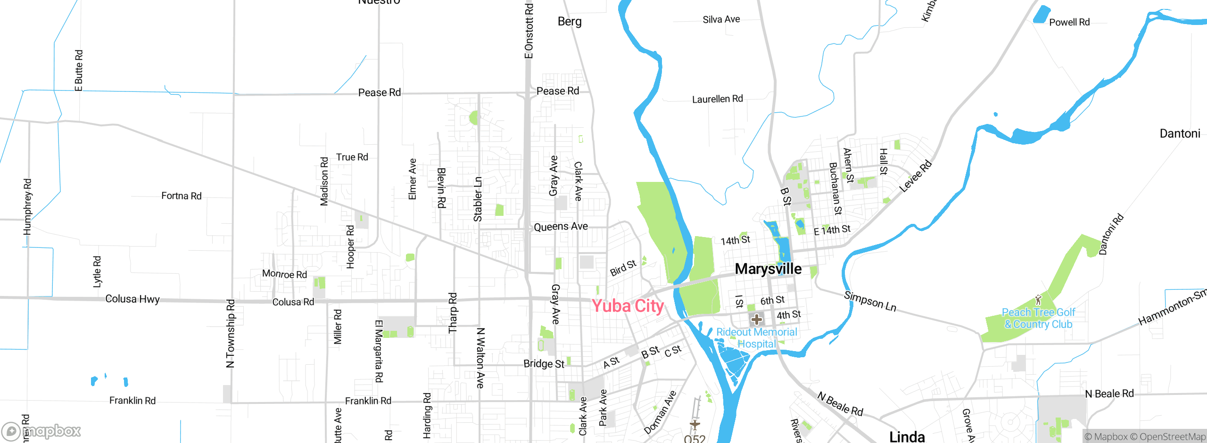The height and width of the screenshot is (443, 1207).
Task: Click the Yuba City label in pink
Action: pos(628,306)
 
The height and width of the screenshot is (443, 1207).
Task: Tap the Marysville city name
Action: pos(768,269)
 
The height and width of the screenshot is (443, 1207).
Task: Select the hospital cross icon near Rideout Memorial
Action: pos(757,320)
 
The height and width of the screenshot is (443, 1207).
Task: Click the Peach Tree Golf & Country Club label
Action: pos(1038,319)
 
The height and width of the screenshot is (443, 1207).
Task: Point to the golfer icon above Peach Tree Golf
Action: pos(1038,300)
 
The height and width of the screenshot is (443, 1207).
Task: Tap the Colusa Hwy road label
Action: pos(132,299)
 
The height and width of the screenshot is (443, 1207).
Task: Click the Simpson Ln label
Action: pos(870,302)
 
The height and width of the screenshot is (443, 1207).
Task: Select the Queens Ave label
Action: pos(561,227)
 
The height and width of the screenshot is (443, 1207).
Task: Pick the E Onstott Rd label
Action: pos(529,31)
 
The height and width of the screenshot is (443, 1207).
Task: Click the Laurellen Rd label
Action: pos(717,99)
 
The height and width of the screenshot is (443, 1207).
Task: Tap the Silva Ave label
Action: pos(721,19)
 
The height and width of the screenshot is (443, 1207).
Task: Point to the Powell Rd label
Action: pos(1069,22)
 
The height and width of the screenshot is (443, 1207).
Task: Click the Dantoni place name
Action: pos(1180,133)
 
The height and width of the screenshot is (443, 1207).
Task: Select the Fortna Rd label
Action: pos(181,196)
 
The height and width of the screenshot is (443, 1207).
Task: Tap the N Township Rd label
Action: pos(230,333)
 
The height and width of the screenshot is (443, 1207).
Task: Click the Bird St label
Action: pos(623,268)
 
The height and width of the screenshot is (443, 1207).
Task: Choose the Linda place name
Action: pos(907,436)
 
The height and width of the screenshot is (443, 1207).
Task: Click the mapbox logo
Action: pos(41,431)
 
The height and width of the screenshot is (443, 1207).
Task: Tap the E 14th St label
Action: pos(832,230)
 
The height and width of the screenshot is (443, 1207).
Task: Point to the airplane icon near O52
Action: pos(694,424)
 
